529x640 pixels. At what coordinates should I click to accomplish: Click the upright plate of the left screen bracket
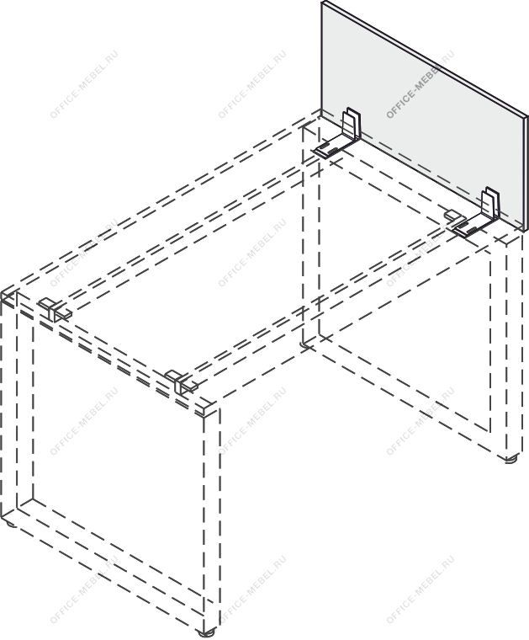(x=352, y=123)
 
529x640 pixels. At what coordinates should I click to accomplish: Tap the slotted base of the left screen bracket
(x=332, y=147)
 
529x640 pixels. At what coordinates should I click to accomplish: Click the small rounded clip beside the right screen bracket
(x=452, y=215)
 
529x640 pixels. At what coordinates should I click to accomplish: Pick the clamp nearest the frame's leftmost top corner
(x=55, y=310)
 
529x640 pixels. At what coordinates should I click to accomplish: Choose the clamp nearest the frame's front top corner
(x=182, y=382)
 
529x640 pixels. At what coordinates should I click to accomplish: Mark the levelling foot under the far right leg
(x=510, y=458)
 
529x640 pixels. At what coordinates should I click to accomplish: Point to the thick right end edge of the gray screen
(x=526, y=174)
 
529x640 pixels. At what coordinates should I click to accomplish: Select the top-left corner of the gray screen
(x=321, y=1)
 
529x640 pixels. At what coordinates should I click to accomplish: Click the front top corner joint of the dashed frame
(x=210, y=410)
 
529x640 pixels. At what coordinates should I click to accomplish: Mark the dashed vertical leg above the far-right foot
(x=515, y=347)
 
